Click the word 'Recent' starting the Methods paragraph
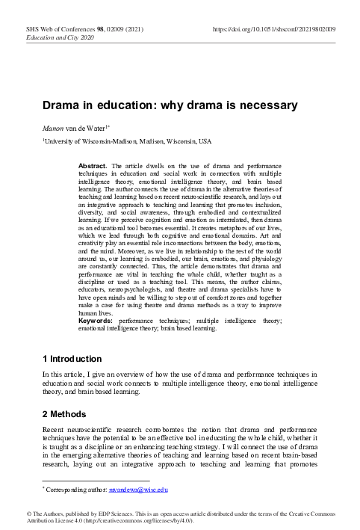[55, 431]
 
